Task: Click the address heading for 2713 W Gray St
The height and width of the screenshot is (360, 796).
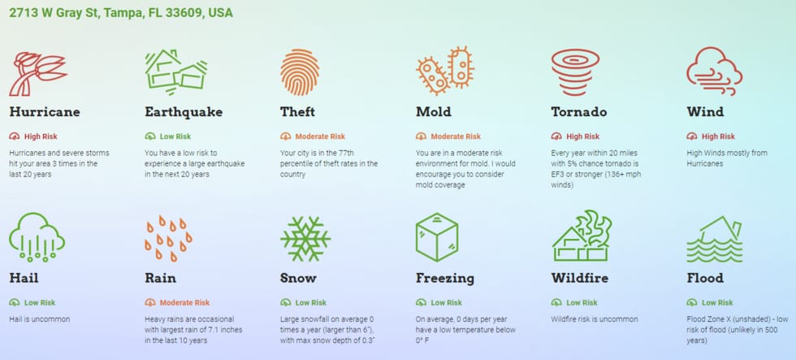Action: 121,13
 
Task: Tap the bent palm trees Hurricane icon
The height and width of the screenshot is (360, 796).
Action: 37,74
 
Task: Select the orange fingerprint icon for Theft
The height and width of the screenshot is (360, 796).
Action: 300,72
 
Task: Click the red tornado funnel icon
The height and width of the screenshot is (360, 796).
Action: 575,72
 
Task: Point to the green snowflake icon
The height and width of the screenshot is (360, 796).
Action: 305,239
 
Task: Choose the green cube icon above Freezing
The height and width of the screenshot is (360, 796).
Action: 437,237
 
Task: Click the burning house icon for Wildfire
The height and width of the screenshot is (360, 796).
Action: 582,236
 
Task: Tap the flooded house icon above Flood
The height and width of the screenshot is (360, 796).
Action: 714,239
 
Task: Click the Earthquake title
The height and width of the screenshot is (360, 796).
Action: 184,111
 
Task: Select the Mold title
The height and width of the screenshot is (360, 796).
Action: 433,111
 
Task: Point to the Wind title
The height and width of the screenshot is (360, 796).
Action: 705,111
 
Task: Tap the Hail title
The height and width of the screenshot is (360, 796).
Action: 24,278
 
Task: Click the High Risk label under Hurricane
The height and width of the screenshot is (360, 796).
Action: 41,137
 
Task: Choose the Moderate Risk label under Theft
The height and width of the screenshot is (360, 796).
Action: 320,137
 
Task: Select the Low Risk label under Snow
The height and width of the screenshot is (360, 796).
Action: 310,302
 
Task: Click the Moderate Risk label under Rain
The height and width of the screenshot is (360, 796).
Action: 184,302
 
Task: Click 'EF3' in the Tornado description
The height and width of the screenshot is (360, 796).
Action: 559,174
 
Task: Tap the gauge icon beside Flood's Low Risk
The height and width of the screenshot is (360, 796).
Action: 692,302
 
